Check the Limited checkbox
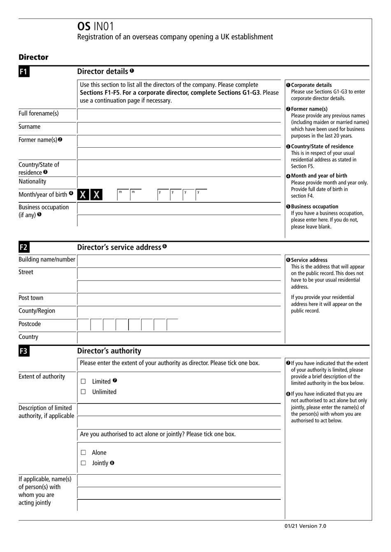pyautogui.click(x=83, y=382)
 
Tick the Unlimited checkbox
pyautogui.click(x=83, y=392)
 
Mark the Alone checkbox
pyautogui.click(x=83, y=453)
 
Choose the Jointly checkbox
pyautogui.click(x=83, y=463)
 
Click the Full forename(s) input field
pyautogui.click(x=179, y=115)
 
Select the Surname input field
pyautogui.click(x=179, y=128)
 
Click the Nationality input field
pyautogui.click(x=179, y=182)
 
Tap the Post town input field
pyautogui.click(x=179, y=299)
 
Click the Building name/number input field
pyautogui.click(x=179, y=261)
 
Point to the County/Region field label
pyautogui.click(x=37, y=311)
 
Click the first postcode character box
pyautogui.click(x=84, y=325)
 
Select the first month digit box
pyautogui.click(x=122, y=195)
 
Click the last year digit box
pyautogui.click(x=200, y=195)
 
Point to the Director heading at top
pyautogui.click(x=33, y=57)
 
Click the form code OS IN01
pyautogui.click(x=95, y=26)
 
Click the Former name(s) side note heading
pyautogui.click(x=309, y=109)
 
